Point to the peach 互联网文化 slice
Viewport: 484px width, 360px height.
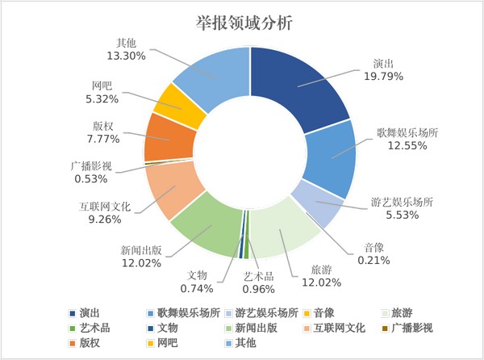click(171, 190)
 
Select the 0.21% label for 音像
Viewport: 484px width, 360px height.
click(373, 260)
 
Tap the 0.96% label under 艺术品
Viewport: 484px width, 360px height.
click(260, 288)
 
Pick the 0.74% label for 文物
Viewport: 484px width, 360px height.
click(197, 288)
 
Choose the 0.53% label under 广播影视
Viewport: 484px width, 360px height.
click(90, 178)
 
